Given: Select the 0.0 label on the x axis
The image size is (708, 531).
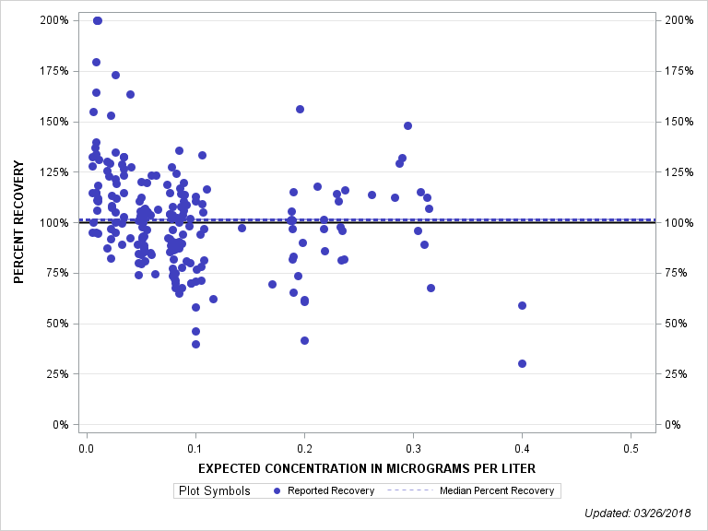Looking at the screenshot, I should [x=86, y=448].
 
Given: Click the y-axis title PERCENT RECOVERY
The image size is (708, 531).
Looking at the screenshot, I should [x=18, y=222].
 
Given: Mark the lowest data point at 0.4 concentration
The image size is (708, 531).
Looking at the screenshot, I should [x=522, y=363].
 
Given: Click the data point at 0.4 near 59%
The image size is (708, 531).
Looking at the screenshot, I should [x=522, y=305].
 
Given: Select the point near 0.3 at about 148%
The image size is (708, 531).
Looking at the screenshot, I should [x=407, y=125].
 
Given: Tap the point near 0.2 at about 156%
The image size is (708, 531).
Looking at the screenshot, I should [x=300, y=109].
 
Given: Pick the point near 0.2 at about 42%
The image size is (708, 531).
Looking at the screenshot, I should [x=304, y=340].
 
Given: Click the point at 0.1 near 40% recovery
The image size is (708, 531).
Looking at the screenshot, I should [x=195, y=344].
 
